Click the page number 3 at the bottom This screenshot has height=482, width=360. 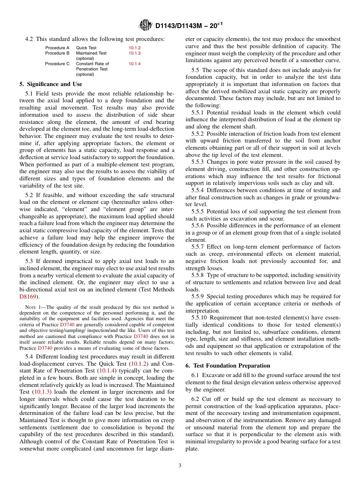(x=180, y=466)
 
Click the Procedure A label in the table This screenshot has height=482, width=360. (x=57, y=48)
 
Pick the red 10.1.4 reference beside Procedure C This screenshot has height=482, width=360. (x=135, y=64)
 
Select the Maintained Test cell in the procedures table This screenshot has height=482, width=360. (x=91, y=53)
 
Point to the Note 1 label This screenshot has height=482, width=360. (x=32, y=307)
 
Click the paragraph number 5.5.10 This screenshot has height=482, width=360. (x=199, y=318)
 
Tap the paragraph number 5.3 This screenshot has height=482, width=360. (x=29, y=261)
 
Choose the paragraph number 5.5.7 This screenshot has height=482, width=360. (x=197, y=247)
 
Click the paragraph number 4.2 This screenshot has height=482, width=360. (x=29, y=39)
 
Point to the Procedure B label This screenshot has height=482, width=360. (x=57, y=53)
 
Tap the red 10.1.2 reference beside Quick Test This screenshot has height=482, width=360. (x=135, y=48)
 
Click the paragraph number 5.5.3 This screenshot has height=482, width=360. (x=197, y=162)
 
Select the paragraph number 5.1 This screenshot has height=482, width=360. (x=29, y=94)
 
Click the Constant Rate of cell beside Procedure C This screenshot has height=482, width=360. (x=92, y=64)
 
